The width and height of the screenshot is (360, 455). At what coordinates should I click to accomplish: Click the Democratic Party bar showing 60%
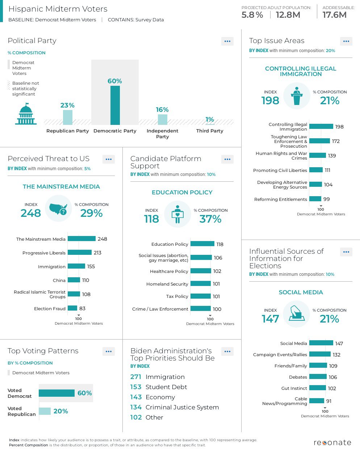[115, 105]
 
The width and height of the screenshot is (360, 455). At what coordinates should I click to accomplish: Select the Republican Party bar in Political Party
[67, 117]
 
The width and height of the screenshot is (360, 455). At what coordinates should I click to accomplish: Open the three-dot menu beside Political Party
[227, 41]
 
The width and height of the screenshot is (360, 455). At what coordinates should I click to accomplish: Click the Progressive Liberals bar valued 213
[80, 252]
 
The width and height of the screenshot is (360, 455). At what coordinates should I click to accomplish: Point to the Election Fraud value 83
[82, 308]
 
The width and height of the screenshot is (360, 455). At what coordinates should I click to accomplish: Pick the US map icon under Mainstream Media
[59, 208]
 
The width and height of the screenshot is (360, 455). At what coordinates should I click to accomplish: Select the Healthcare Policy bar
[201, 271]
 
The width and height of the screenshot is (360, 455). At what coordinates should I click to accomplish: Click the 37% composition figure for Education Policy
[210, 219]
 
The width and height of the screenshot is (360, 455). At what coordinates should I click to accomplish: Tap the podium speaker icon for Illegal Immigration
[297, 96]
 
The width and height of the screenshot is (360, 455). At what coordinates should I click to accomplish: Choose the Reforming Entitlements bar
[315, 199]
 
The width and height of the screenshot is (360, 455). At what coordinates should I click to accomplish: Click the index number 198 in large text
[270, 101]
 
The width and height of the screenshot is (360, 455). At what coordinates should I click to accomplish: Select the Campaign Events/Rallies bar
[320, 354]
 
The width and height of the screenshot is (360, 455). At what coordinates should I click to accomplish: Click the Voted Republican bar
[45, 411]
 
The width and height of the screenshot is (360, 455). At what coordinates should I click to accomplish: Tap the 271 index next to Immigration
[136, 377]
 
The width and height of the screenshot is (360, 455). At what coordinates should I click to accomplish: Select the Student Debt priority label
[166, 387]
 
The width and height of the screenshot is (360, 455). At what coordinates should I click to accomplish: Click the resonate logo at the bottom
[332, 443]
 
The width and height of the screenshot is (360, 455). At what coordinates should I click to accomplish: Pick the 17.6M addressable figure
[334, 15]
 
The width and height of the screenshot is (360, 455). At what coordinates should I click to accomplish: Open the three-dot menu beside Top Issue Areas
[346, 41]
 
